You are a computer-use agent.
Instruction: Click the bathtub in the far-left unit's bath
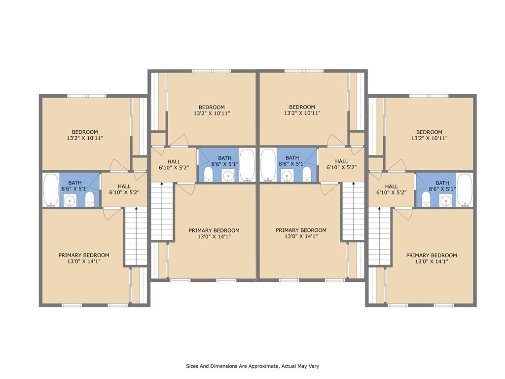[50, 190]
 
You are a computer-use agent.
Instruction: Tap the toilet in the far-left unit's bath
[89, 198]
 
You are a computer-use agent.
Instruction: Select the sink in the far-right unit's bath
[446, 200]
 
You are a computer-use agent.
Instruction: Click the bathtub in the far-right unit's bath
[465, 190]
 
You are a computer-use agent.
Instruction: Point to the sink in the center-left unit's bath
[228, 175]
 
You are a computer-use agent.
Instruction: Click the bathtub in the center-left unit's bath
[247, 165]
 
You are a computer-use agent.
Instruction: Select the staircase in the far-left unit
[136, 236]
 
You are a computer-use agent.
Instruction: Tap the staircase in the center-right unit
[353, 211]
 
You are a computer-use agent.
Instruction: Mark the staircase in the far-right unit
[380, 236]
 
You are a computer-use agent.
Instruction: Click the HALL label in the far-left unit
[124, 186]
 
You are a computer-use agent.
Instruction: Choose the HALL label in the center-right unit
[341, 161]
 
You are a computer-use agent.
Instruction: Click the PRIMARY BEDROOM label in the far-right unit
[431, 255]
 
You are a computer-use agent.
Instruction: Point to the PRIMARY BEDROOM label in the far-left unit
[84, 255]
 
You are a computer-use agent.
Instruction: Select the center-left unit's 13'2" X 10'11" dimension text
[212, 114]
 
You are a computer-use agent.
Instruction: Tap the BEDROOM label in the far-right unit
[429, 132]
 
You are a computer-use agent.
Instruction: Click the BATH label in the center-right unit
[292, 158]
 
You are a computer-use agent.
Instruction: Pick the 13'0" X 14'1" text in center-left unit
[214, 236]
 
